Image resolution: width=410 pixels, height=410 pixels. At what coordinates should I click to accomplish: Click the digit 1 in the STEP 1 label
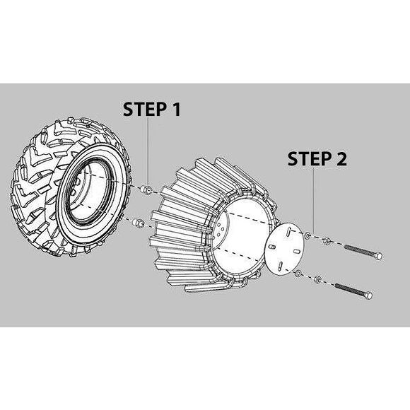point(176,109)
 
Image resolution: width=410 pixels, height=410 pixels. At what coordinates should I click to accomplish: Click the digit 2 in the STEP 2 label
point(341,158)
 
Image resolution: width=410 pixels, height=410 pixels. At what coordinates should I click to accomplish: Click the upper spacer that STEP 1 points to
point(146,190)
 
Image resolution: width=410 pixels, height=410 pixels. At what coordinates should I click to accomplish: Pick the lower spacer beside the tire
point(139,223)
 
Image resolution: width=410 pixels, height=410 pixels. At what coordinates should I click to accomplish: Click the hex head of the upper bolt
point(378,256)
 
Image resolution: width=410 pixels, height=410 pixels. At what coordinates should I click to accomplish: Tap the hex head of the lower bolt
point(368,295)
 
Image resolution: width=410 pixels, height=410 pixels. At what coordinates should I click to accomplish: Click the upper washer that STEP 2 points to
point(307,235)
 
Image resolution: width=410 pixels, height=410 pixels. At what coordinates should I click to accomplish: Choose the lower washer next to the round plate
point(298,274)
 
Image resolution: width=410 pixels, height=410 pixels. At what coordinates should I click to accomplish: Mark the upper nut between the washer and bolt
point(327,241)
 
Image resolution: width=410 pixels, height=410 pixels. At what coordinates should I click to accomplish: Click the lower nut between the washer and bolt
point(317,279)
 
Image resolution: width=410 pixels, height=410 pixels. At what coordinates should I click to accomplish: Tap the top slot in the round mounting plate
point(288,231)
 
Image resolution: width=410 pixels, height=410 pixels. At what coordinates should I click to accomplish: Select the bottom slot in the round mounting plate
point(280,265)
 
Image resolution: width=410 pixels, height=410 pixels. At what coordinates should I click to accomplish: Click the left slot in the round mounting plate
point(272,247)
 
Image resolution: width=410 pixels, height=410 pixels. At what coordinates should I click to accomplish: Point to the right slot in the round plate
point(296,251)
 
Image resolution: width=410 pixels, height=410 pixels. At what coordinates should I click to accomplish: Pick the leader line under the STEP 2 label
point(314,200)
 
